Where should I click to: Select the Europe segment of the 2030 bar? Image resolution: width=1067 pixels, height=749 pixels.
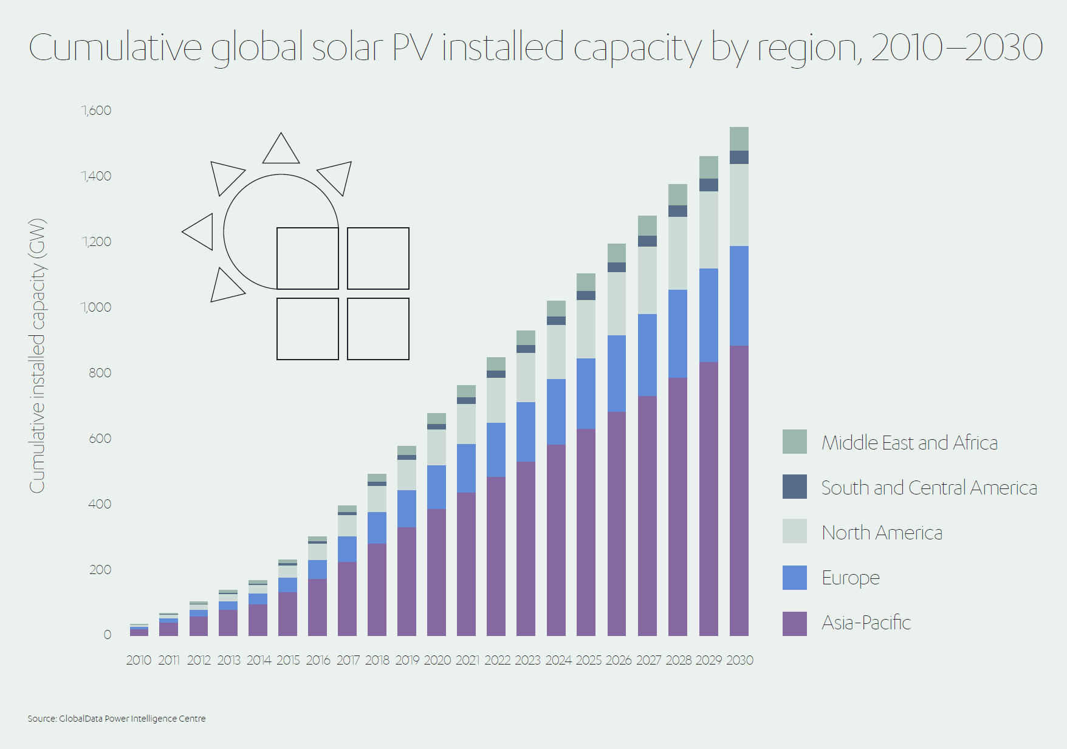739,296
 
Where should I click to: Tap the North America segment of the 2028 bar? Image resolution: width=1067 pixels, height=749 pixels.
678,253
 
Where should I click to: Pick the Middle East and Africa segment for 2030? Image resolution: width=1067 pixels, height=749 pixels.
739,139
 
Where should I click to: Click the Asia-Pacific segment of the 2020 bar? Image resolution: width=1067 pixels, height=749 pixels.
436,572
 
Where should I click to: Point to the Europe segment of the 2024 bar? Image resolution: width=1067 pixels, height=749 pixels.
556,412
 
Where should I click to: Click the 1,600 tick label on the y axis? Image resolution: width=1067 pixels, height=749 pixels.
97,111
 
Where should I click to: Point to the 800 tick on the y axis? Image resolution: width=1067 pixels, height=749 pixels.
100,373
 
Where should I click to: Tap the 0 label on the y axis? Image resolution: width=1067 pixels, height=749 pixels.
108,635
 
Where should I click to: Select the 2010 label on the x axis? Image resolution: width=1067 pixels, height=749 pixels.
139,660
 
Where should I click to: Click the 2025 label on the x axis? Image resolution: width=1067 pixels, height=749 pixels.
588,660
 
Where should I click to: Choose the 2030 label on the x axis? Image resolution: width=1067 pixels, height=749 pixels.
739,660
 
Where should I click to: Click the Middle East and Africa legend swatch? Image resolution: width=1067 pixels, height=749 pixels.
794,442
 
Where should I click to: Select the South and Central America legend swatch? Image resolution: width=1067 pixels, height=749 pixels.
794,487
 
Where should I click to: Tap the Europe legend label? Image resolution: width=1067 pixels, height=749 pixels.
850,578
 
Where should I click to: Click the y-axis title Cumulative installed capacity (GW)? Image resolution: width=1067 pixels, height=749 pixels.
38,355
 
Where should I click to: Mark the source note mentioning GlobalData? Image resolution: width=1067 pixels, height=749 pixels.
117,719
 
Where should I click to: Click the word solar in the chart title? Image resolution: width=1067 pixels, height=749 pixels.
348,47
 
